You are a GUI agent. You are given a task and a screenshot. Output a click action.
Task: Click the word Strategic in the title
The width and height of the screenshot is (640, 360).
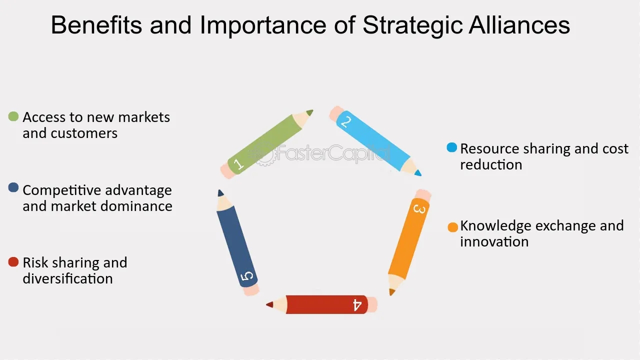412,25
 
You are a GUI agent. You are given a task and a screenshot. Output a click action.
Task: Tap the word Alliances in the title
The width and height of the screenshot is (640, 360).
519,25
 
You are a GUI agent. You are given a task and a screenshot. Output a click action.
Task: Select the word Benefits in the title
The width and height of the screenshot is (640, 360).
96,25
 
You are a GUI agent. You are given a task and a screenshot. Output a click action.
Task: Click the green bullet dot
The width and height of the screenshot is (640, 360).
13,116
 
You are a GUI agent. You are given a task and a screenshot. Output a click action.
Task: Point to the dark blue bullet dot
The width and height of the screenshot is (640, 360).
13,187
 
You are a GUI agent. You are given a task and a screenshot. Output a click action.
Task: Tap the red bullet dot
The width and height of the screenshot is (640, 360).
13,261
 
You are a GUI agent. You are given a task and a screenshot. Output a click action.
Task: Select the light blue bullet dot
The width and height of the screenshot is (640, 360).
451,147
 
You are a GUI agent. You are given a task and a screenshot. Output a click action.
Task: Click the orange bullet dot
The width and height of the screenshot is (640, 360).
453,227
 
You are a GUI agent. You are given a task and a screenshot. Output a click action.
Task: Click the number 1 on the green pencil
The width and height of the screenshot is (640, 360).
238,164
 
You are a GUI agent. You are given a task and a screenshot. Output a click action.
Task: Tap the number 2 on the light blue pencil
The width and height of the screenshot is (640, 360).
345,122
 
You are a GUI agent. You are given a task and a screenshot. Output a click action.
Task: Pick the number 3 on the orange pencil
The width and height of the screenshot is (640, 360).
419,209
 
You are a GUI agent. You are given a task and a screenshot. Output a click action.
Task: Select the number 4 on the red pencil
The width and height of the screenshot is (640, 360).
357,305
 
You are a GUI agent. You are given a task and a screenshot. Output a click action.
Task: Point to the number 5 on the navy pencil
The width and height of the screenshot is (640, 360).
247,276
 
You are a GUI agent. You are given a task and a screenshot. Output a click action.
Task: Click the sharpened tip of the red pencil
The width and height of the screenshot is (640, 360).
267,304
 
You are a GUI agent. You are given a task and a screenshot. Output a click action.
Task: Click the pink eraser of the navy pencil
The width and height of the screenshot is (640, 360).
251,289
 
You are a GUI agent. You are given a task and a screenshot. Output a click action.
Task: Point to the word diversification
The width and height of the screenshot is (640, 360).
67,278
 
